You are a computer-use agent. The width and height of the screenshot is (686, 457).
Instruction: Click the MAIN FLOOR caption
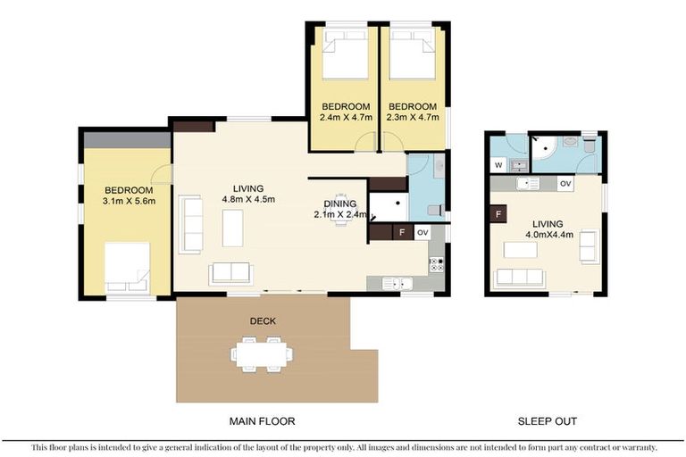point(262,420)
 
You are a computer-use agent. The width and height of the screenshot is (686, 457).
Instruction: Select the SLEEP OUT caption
point(547,420)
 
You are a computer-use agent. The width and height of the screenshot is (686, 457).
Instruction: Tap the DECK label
point(262,319)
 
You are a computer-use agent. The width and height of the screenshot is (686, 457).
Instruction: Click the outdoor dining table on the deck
point(262,353)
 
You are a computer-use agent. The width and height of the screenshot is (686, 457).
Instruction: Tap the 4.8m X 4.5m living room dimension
point(247,199)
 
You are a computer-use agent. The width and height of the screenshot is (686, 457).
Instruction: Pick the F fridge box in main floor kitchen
point(401,232)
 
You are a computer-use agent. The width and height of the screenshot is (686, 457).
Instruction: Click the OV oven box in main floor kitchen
point(422,232)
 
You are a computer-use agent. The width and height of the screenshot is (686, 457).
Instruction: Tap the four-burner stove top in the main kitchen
point(436,263)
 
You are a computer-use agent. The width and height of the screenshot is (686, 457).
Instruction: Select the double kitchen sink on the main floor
point(397,283)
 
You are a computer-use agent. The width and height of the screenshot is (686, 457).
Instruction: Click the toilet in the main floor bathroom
point(434,211)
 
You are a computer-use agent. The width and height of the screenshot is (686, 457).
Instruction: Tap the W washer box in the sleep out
point(498,164)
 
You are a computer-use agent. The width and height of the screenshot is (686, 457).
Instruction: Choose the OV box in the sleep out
point(565,183)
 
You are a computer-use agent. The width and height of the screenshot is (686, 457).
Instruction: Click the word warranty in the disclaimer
point(636,447)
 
